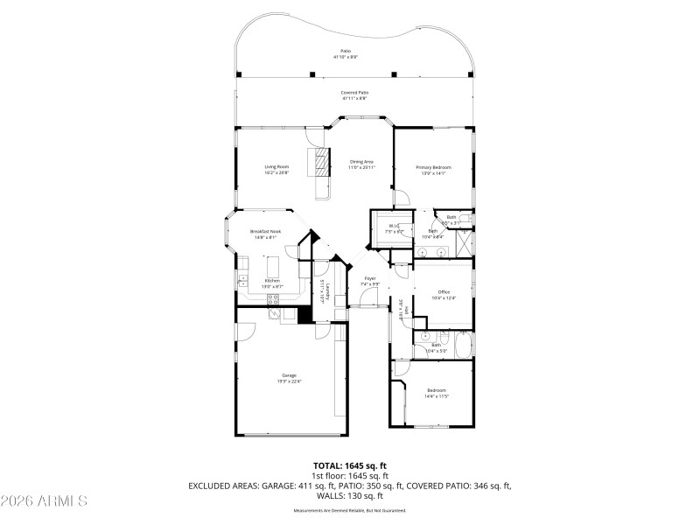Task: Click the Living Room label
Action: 276,166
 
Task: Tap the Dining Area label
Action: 362,161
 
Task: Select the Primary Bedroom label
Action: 434,166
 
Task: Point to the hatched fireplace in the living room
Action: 322,163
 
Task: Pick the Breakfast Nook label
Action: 264,231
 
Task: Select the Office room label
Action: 444,291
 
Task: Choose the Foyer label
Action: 370,278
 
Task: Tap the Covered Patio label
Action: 354,92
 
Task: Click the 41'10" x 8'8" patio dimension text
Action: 346,58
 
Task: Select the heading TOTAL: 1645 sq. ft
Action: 350,465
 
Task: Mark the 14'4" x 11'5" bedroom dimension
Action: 437,396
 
